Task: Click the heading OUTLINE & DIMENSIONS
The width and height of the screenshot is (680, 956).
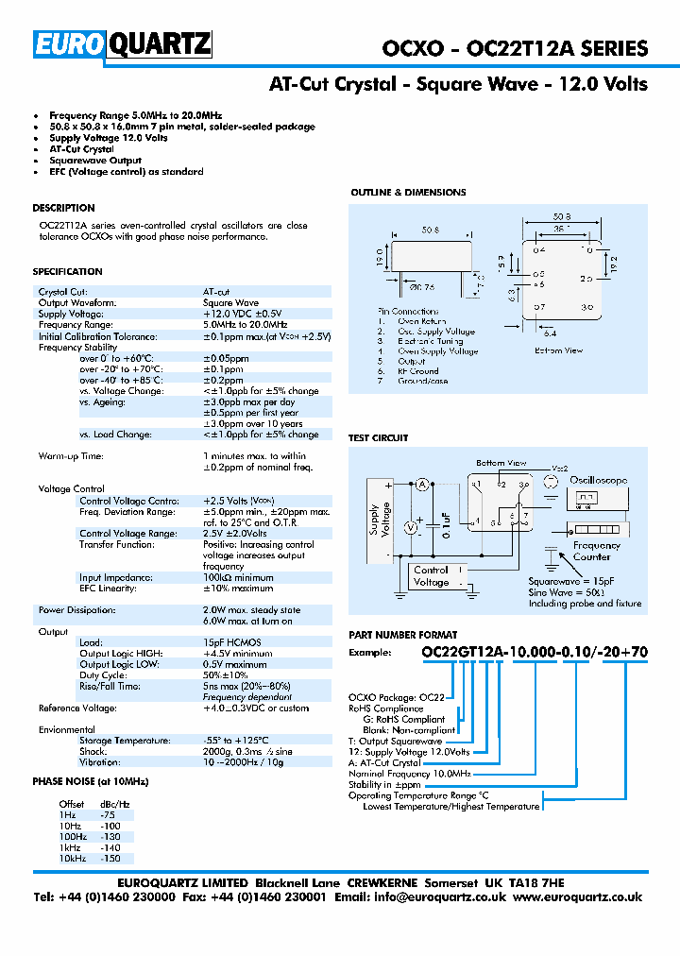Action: [x=408, y=193]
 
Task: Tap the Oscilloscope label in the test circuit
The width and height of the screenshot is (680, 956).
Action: [x=598, y=480]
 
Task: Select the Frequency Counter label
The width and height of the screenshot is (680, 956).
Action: [x=597, y=551]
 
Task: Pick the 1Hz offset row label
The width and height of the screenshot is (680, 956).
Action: [x=67, y=813]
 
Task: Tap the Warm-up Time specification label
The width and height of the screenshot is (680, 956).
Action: [x=71, y=456]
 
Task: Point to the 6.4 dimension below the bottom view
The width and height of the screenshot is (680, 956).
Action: [x=551, y=332]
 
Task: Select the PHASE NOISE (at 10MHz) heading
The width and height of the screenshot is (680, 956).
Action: [x=91, y=782]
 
